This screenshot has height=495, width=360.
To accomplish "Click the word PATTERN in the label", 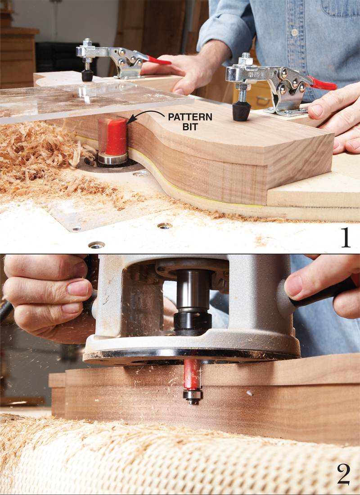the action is tap(190, 117).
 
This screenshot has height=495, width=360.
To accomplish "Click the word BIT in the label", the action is tap(190, 127).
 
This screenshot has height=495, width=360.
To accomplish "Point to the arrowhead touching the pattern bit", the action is tap(130, 120).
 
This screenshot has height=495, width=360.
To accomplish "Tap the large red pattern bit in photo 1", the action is tap(112, 137).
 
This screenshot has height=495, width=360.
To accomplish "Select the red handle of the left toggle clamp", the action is tap(159, 60).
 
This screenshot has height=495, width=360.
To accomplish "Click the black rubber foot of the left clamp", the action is tap(87, 75).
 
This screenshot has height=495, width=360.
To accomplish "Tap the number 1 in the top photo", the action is tap(346, 238).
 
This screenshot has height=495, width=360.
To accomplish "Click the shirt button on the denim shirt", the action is tap(295, 32).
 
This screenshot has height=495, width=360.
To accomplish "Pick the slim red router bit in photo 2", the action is tap(192, 375).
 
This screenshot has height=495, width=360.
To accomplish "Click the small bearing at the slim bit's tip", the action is tap(192, 396).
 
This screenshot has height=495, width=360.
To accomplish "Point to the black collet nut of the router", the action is tap(192, 323).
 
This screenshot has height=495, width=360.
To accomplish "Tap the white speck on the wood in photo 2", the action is tap(249, 393).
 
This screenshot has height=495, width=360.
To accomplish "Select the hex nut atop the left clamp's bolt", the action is tap(87, 42).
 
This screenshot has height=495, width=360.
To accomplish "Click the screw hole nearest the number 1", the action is tap(97, 245).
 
